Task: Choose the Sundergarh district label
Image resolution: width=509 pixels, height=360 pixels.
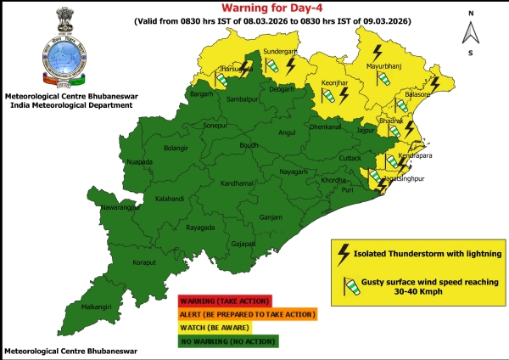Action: (x=281, y=51)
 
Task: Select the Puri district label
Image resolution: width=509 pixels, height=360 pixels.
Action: (x=346, y=190)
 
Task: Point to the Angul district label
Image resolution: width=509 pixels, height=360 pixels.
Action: (x=288, y=133)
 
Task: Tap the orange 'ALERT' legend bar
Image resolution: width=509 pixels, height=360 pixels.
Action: (x=246, y=313)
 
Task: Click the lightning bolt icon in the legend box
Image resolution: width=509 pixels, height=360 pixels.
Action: (x=344, y=253)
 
